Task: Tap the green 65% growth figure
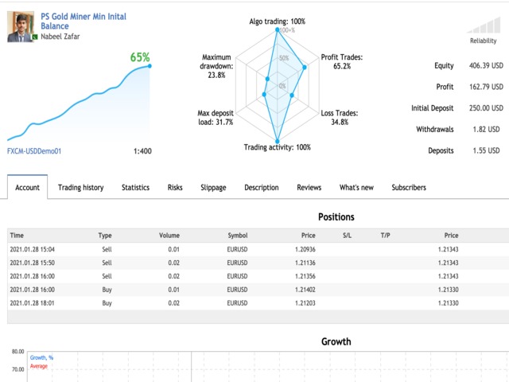[140, 57]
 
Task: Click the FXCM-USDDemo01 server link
[34, 150]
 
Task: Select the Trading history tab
[80, 188]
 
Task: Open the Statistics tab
[135, 188]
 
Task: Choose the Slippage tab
[213, 188]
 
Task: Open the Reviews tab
[309, 188]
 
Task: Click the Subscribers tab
[408, 188]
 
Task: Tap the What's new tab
[356, 188]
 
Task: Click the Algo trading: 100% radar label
[277, 21]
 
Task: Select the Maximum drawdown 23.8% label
[216, 66]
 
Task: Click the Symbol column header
[237, 236]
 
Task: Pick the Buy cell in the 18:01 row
[107, 303]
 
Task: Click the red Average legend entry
[39, 366]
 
